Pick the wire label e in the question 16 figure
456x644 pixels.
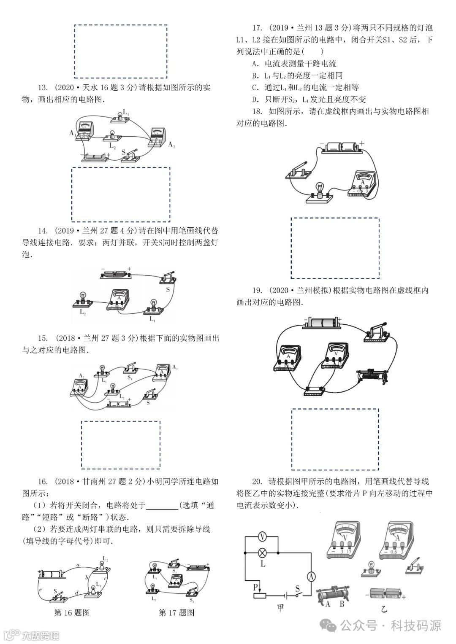40,589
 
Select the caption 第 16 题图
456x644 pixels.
72,613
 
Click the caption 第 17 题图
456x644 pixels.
176,613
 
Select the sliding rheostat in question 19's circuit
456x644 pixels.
372,375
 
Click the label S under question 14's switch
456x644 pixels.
168,290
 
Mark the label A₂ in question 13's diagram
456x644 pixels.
171,145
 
